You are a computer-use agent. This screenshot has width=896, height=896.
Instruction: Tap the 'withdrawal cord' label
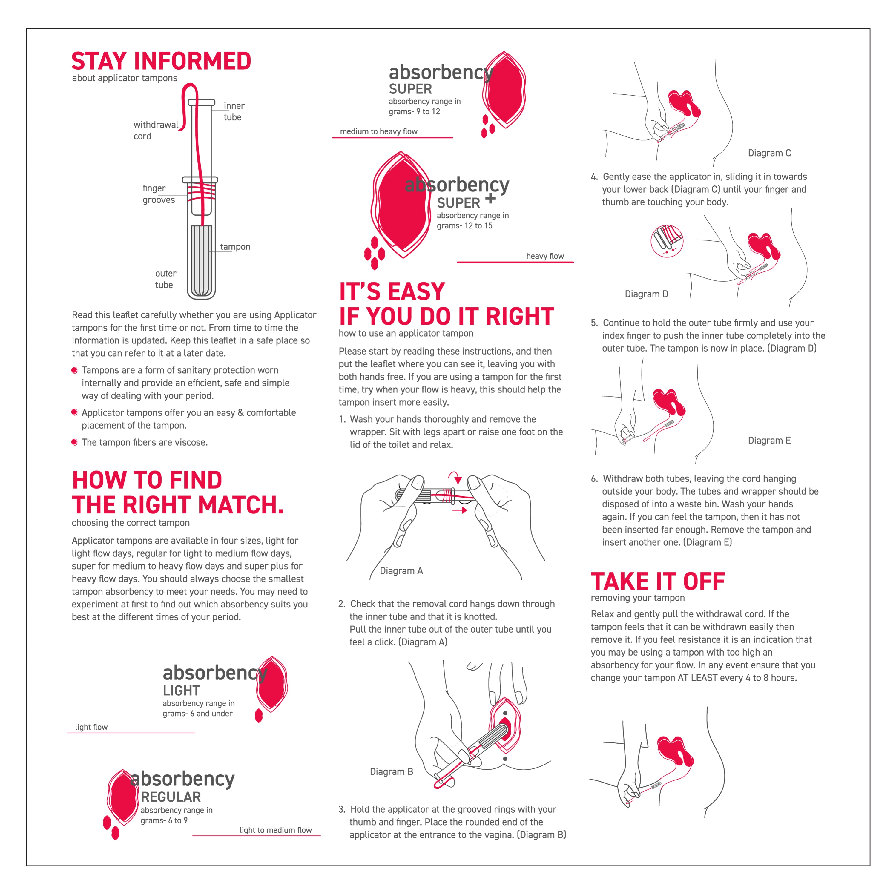(x=155, y=130)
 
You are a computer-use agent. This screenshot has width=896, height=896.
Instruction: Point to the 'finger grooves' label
(x=158, y=194)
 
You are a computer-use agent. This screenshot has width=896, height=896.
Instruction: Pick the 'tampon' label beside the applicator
(x=235, y=247)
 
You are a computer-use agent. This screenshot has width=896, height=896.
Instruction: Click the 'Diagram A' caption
(x=401, y=570)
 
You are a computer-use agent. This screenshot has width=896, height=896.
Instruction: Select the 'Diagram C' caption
(x=769, y=153)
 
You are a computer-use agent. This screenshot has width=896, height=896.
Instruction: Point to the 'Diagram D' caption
(x=646, y=294)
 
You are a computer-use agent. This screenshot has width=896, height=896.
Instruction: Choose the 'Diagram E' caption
(x=769, y=440)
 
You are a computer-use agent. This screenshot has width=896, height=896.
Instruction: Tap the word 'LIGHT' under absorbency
(x=181, y=691)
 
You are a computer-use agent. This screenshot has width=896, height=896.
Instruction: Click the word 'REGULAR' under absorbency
(x=171, y=797)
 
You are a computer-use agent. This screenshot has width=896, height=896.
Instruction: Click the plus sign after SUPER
(x=490, y=199)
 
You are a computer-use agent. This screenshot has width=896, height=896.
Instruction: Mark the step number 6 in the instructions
(x=594, y=478)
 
